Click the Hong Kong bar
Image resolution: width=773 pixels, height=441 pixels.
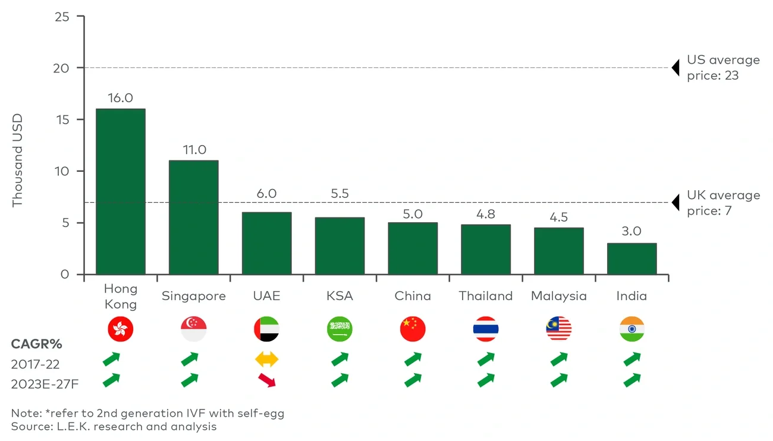point(121,191)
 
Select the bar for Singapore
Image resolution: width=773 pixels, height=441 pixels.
point(193,218)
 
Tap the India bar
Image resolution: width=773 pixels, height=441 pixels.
point(631,259)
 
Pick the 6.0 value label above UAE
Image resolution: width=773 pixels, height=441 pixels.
point(267,194)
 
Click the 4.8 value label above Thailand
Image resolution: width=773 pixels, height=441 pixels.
point(486,214)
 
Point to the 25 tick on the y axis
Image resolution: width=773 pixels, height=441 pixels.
point(62,17)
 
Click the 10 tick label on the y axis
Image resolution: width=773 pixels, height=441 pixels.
point(62,171)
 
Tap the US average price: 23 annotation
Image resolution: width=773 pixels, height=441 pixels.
point(722,68)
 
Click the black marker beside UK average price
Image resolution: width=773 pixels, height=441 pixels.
point(675,203)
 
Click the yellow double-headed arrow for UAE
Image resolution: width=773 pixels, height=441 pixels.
point(266,360)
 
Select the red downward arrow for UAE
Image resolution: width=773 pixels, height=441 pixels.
point(266,380)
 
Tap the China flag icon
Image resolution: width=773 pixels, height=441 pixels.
point(413,329)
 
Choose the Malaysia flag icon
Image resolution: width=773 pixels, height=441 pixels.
point(558,329)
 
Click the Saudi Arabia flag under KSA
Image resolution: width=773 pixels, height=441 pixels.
point(340,329)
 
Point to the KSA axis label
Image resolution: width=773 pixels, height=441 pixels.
point(340,296)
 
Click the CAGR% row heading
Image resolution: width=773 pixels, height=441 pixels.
point(36,344)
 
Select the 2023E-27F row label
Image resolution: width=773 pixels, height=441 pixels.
point(45,384)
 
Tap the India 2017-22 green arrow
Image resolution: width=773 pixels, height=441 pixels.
point(632,359)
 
